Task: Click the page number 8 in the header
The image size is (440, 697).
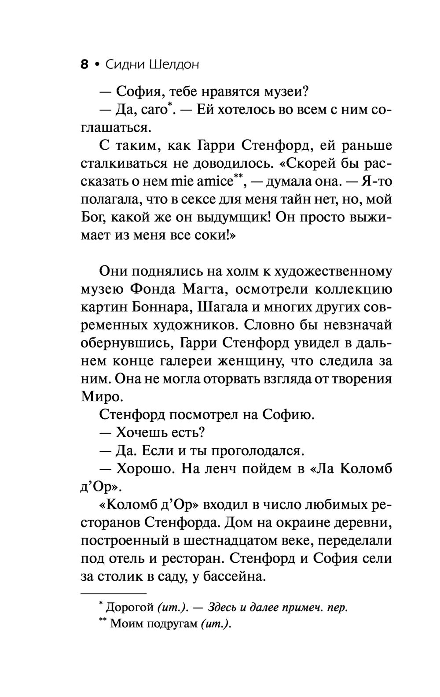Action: (84, 65)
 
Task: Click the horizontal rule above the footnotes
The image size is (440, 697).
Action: (113, 594)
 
